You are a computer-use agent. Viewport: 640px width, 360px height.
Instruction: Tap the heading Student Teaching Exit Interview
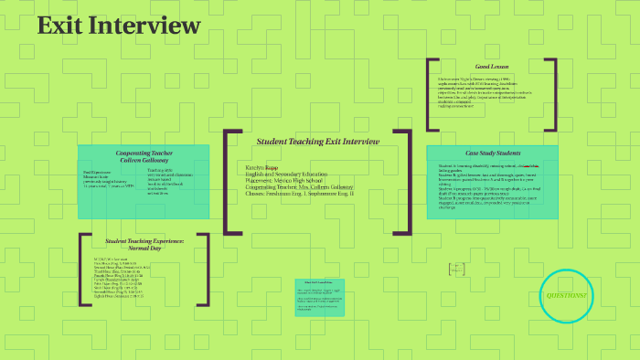[317, 142]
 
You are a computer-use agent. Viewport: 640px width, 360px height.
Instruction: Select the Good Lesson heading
[492, 67]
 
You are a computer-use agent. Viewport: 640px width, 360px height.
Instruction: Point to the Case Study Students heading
[493, 153]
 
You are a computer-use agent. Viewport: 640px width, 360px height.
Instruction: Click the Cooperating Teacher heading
[144, 153]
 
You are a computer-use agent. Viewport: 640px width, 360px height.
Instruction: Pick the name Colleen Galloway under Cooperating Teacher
[144, 160]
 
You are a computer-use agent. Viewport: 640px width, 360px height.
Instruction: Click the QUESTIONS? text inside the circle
[568, 296]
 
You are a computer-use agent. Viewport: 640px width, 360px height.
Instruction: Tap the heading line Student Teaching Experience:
[144, 240]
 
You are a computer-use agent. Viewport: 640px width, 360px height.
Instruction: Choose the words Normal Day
[144, 248]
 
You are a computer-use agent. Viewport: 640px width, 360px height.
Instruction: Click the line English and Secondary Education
[286, 174]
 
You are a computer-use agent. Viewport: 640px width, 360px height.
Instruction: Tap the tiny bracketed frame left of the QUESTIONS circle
[457, 269]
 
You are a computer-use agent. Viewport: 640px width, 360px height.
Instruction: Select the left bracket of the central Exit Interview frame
[229, 180]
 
